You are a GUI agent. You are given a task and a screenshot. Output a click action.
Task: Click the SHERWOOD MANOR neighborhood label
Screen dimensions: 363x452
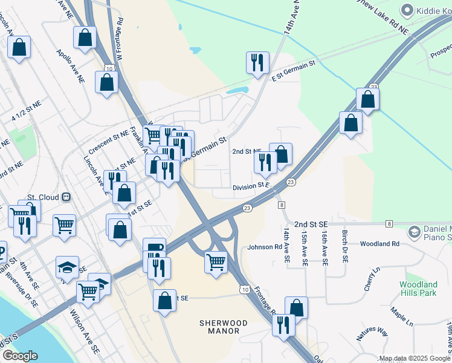pos(224,327)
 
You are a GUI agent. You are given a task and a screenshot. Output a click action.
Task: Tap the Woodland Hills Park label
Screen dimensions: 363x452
pos(418,289)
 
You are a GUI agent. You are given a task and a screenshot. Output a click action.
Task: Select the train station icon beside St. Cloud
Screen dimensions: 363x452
pos(67,198)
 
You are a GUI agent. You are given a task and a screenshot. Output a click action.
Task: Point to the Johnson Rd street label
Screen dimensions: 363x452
pos(265,247)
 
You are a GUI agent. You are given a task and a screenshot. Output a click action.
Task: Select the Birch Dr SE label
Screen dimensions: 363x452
pos(344,246)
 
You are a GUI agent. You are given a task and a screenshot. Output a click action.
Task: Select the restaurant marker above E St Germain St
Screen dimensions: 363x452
pos(257,62)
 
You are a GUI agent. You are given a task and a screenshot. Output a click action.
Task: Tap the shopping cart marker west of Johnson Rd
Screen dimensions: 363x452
pos(216,263)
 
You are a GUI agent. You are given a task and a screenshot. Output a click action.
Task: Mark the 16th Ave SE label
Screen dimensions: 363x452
pos(324,248)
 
